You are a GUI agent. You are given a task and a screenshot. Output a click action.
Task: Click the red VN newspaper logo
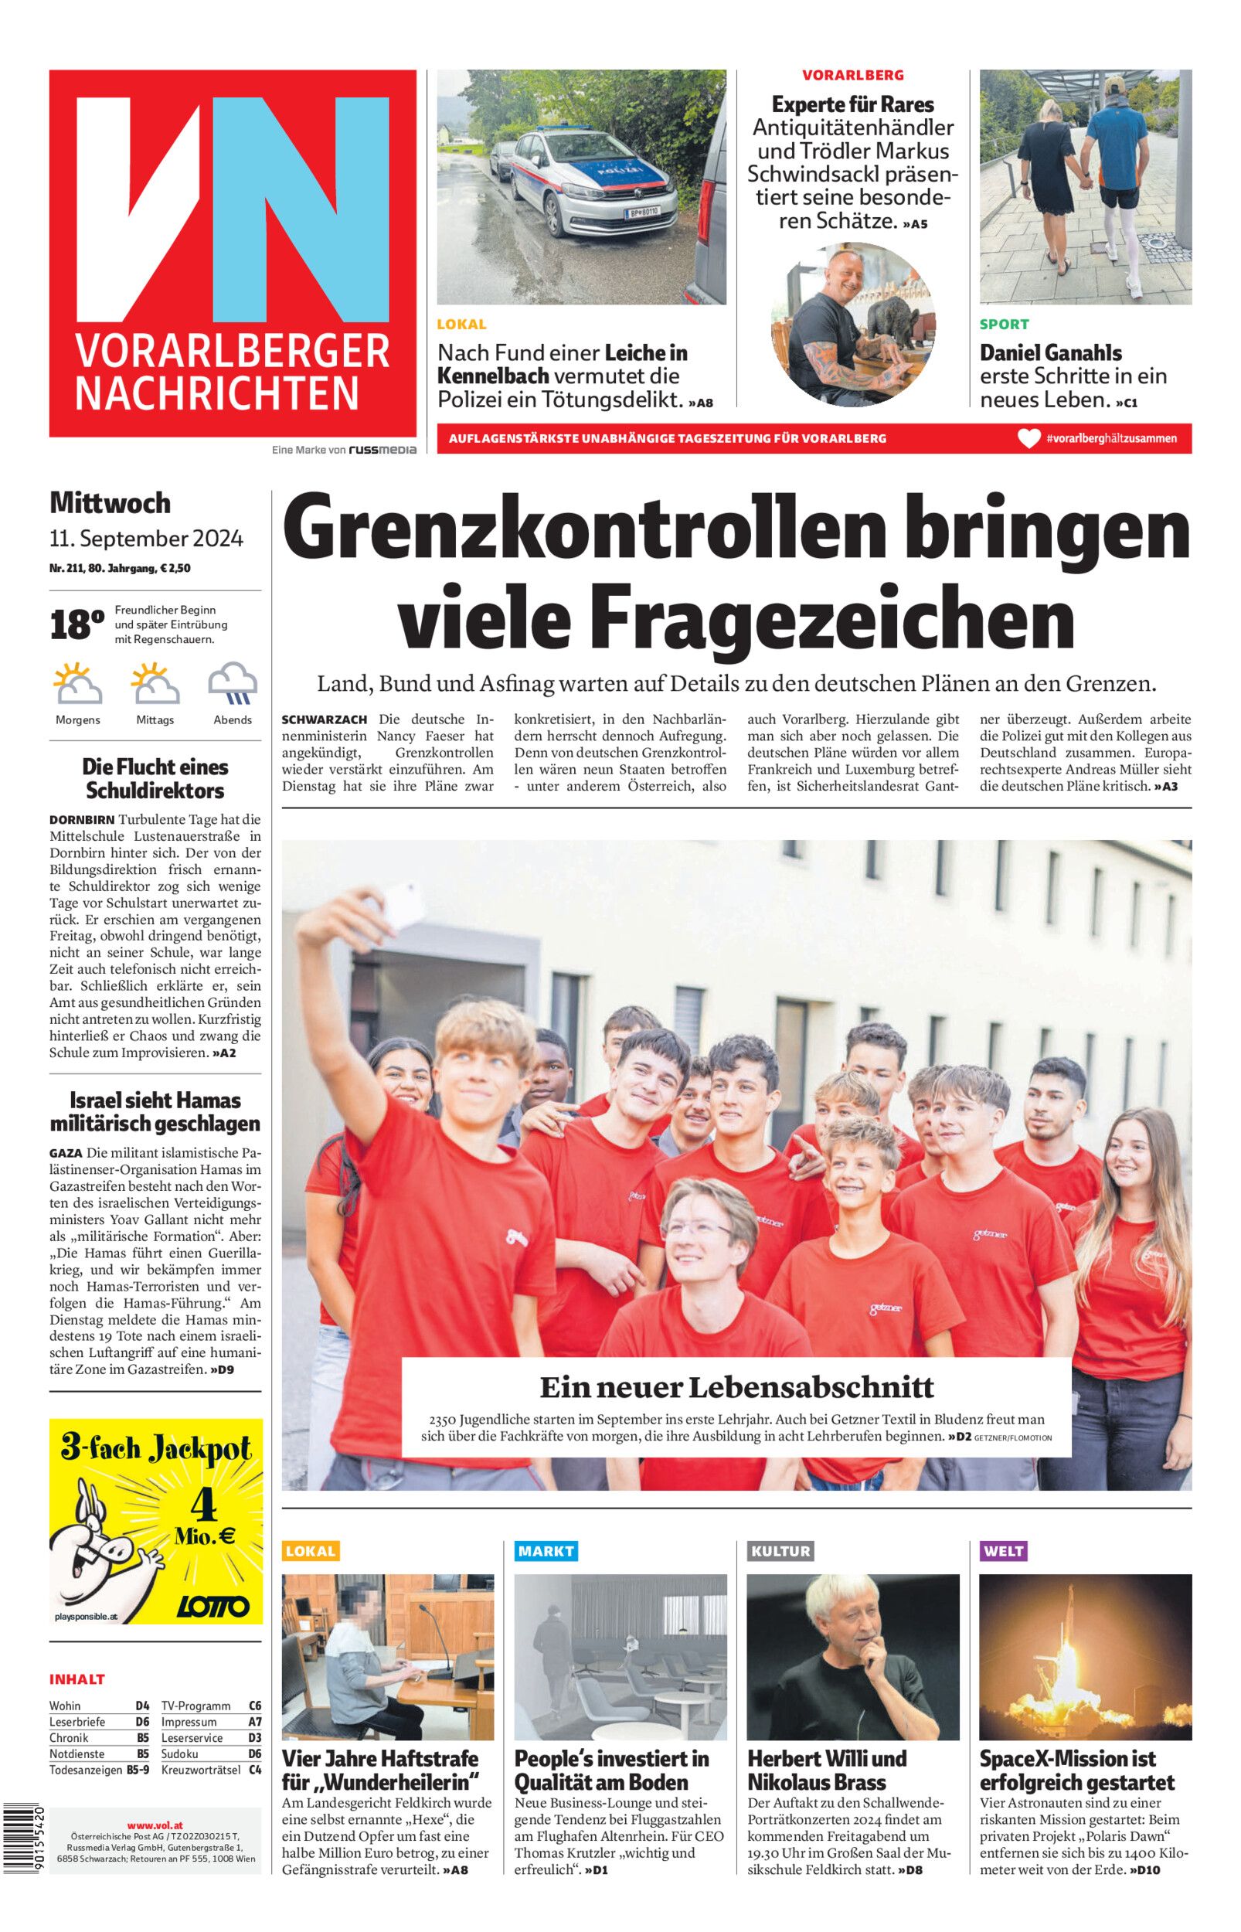click(232, 253)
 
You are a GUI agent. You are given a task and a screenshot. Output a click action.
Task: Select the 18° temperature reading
click(76, 626)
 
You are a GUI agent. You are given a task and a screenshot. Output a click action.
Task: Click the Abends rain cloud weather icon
click(233, 684)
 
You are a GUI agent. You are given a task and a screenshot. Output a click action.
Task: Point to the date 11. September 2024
click(146, 538)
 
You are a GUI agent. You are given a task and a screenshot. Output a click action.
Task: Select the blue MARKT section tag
click(546, 1551)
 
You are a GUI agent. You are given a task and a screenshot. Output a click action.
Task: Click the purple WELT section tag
click(1003, 1551)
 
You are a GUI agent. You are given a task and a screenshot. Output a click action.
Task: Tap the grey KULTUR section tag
click(780, 1551)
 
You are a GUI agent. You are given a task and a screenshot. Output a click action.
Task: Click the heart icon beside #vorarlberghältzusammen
click(1028, 439)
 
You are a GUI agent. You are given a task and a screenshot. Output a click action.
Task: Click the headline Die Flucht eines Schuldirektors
click(155, 778)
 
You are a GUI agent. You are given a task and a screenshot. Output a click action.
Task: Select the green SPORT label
click(1004, 325)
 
